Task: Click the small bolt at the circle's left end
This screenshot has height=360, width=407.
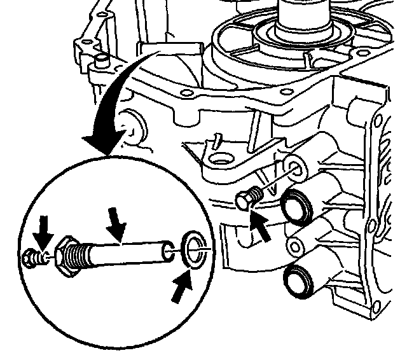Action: point(31,258)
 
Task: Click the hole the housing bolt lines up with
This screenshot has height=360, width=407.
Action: point(294,167)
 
